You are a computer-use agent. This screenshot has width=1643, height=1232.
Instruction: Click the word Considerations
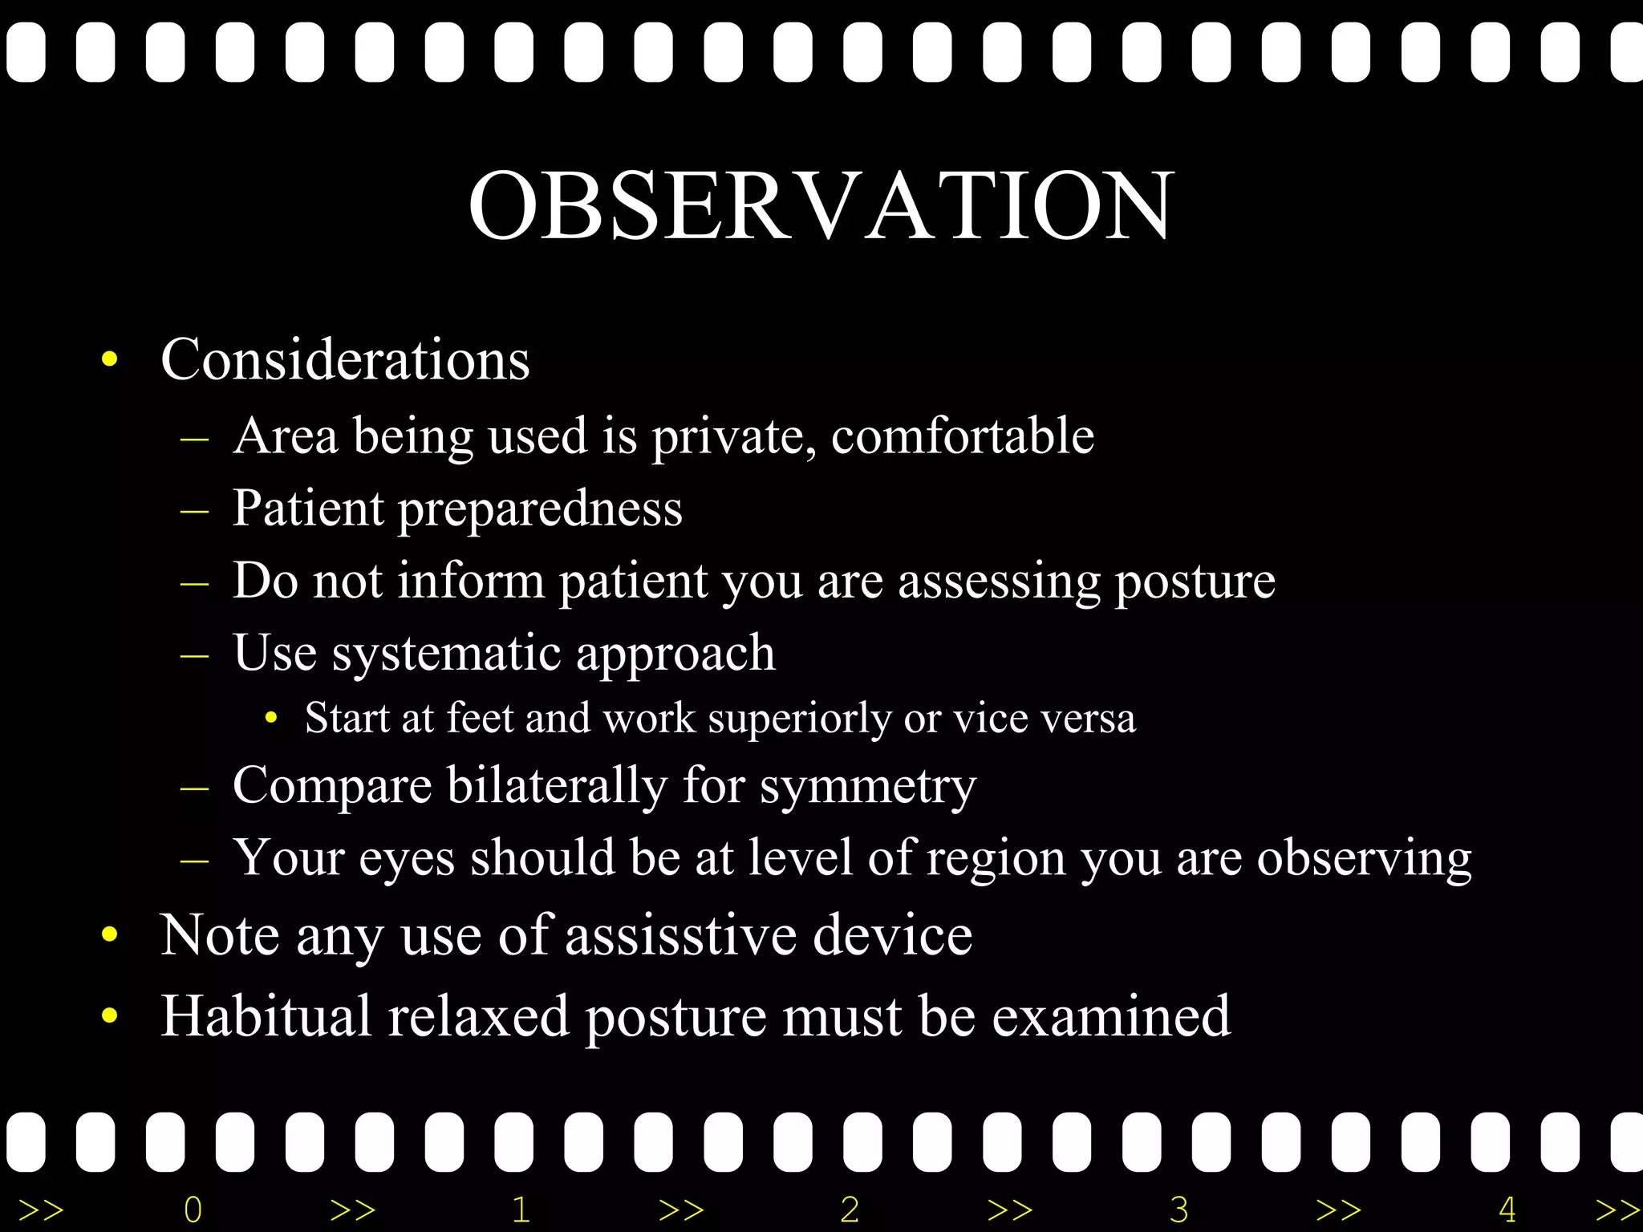click(x=345, y=359)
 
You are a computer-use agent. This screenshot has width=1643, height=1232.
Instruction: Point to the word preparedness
click(x=540, y=509)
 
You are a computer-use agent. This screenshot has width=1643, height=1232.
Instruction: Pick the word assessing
click(x=999, y=582)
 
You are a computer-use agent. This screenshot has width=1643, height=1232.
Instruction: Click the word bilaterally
click(x=557, y=785)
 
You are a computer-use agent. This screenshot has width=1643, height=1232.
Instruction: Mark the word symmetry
click(x=868, y=787)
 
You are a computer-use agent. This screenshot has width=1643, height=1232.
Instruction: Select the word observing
click(x=1364, y=859)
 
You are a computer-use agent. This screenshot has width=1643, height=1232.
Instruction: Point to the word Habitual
click(x=266, y=1015)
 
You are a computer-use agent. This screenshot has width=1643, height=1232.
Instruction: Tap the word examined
click(x=1111, y=1017)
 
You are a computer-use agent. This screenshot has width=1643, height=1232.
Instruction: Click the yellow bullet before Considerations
click(x=110, y=359)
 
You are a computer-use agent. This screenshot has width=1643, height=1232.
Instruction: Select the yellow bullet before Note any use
click(x=110, y=935)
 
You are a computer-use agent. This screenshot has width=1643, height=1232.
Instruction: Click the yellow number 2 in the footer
click(x=850, y=1210)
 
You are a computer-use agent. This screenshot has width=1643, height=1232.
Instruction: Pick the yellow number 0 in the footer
click(x=193, y=1210)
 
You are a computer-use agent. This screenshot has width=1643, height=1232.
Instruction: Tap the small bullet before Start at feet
click(x=271, y=718)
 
